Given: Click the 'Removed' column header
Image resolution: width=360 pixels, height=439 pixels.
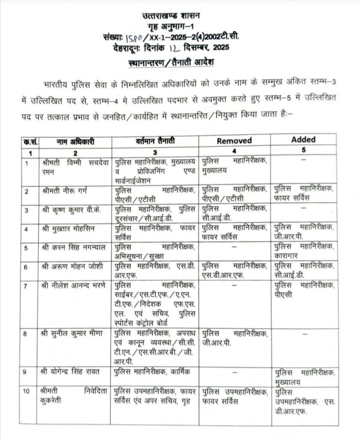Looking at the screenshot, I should [234, 141].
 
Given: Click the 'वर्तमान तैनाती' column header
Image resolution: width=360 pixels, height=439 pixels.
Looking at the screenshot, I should [155, 141].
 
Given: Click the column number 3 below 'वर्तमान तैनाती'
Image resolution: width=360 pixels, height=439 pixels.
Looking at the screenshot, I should [155, 152].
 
